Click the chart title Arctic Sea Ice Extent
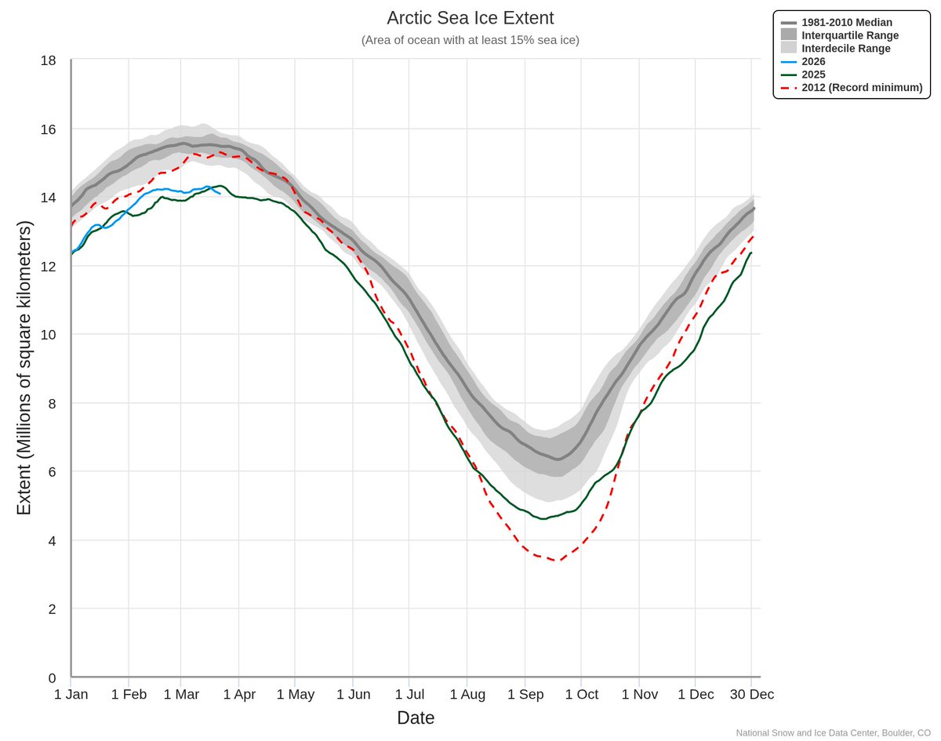tap(470, 18)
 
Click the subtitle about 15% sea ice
tap(470, 40)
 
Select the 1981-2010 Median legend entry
tap(846, 23)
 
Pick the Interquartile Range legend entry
tap(849, 35)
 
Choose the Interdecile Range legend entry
tap(845, 49)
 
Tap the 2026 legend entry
tap(813, 61)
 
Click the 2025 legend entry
tap(813, 74)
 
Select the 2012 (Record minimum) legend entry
tap(861, 87)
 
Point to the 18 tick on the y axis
tap(49, 60)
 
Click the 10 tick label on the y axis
tap(49, 335)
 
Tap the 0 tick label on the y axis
tap(52, 677)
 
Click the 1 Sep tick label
tap(525, 695)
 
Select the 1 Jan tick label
tap(71, 695)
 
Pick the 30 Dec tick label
tap(751, 695)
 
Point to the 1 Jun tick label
tap(353, 695)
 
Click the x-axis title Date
tap(416, 717)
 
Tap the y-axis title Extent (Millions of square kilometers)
tap(24, 369)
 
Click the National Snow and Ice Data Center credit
tap(833, 733)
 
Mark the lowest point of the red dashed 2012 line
tap(556, 561)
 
